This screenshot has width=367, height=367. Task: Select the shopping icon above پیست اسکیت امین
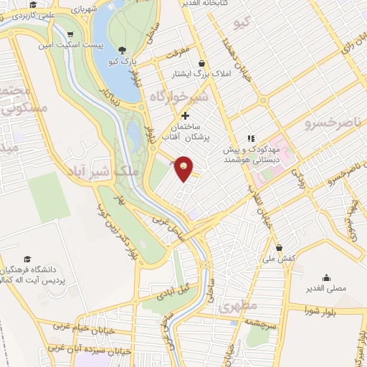70,34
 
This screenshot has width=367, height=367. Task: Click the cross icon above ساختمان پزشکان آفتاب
185,115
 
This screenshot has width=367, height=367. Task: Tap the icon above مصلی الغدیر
326,278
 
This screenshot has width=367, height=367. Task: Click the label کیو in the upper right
241,24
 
